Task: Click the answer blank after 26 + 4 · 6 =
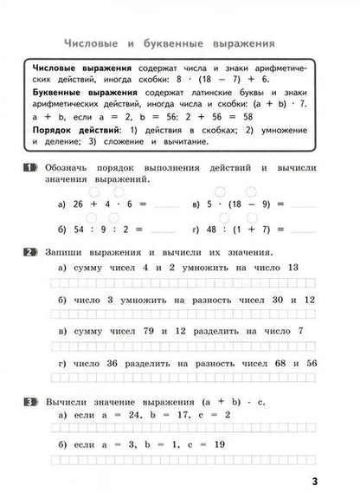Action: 164,205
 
